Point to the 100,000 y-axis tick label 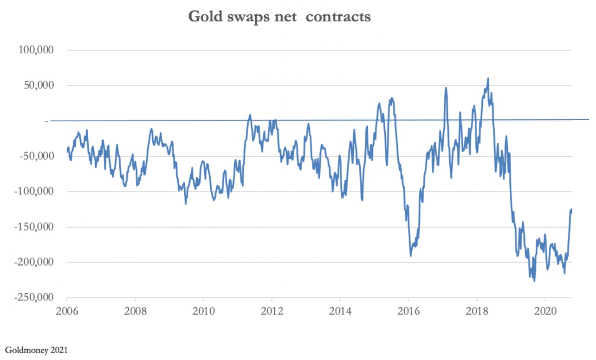(35, 50)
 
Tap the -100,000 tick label (33, 192)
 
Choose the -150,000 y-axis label (33, 227)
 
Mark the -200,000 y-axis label (33, 263)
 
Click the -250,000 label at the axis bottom (33, 298)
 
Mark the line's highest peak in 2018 (488, 78)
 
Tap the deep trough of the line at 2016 (411, 256)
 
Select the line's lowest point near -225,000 (534, 281)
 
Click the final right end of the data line (571, 209)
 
